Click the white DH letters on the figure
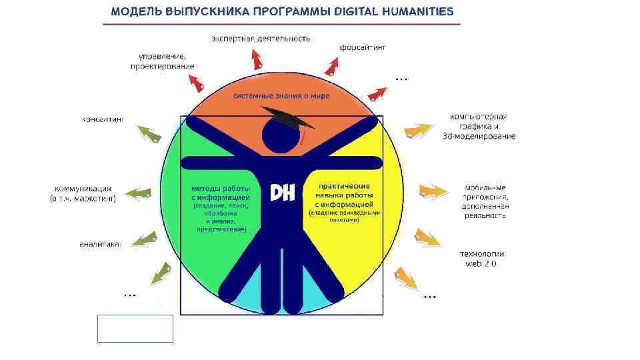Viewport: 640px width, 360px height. point(282,193)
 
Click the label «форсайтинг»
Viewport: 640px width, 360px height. point(363,47)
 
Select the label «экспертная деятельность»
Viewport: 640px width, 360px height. point(261,38)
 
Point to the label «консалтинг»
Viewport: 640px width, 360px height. point(103,119)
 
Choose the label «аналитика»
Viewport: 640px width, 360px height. point(99,244)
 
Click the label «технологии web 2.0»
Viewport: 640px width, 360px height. point(481,258)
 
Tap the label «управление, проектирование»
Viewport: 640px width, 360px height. point(163,61)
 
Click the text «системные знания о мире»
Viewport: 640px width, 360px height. point(281,96)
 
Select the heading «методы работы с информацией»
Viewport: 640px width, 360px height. point(221,193)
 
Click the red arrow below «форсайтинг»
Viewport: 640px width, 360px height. point(331,66)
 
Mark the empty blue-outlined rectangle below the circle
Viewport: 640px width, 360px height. point(135,329)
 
